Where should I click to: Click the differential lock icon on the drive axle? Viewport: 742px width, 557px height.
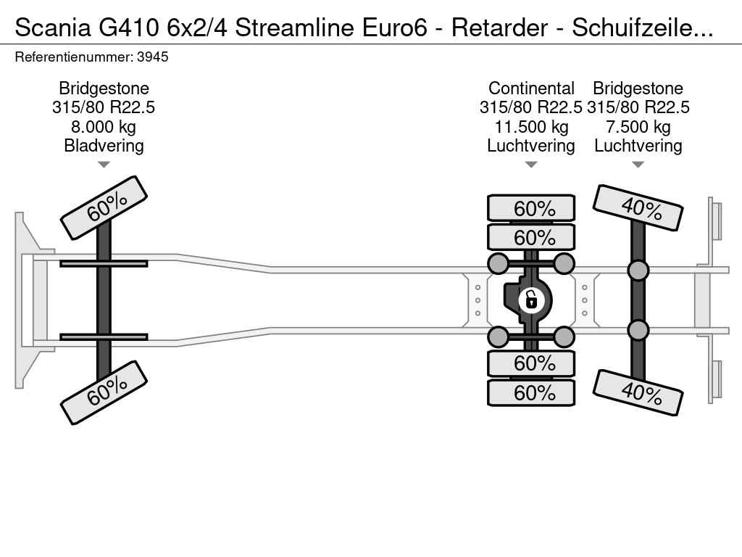(531, 300)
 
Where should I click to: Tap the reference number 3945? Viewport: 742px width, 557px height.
(152, 57)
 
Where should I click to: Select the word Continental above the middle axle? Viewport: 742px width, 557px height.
(531, 88)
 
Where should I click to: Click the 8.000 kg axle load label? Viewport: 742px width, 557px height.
(103, 127)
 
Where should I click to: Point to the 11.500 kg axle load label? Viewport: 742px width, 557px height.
(531, 127)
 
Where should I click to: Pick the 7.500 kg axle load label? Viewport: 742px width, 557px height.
(638, 127)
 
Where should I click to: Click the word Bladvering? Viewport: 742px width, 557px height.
(104, 146)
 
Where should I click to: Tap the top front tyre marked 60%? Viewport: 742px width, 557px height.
(104, 208)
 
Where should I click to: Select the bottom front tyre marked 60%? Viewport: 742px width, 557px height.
(104, 392)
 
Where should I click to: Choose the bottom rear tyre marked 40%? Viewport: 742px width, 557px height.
(638, 392)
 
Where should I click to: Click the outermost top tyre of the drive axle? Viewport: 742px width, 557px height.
(531, 208)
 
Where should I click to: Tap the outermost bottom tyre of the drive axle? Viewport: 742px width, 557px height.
(531, 392)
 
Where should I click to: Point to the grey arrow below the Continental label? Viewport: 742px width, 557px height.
(531, 165)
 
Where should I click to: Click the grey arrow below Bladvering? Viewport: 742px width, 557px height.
(104, 165)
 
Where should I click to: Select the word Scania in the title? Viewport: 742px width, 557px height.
(52, 28)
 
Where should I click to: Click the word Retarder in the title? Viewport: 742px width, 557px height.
(499, 28)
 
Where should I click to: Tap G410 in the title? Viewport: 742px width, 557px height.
(129, 28)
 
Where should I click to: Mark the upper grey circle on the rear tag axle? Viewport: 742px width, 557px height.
(638, 270)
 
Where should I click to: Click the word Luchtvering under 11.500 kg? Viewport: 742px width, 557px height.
(531, 146)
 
